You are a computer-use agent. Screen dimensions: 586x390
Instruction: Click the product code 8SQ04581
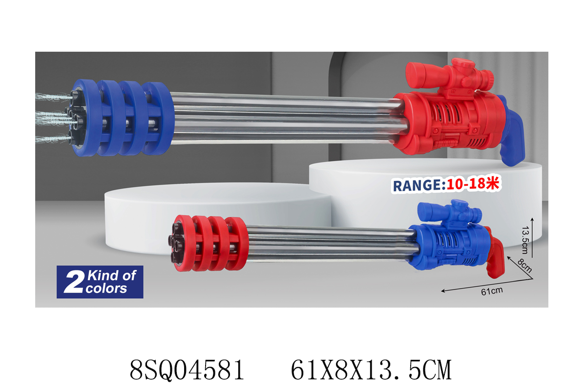point(187,370)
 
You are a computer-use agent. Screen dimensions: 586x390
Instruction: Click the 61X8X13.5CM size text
point(372,370)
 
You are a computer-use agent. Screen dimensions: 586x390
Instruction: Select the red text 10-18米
point(473,184)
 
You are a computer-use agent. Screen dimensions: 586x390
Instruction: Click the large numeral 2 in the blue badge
point(75,282)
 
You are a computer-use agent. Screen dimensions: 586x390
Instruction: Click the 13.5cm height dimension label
point(524,240)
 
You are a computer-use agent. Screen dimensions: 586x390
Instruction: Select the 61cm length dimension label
point(492,291)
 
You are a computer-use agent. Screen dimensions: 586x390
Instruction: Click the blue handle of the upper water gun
point(513,136)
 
